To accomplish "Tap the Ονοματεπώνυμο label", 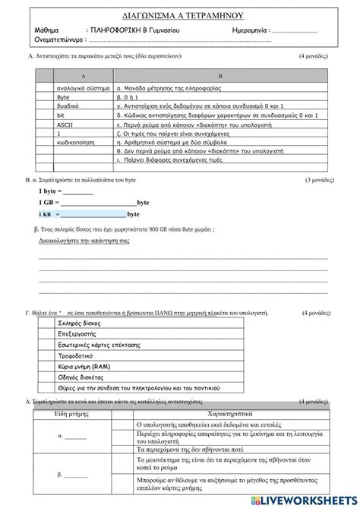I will click(x=59, y=39).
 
